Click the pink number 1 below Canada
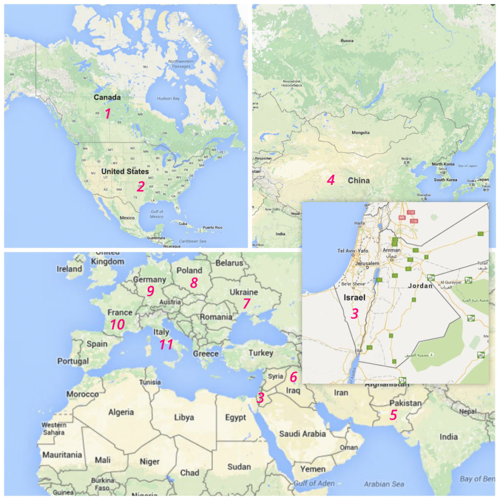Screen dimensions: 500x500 point(108,114)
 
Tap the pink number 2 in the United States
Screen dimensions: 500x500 point(141,186)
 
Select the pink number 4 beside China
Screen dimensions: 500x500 point(331,180)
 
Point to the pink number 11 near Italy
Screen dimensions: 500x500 point(166,344)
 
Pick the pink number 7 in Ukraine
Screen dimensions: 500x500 point(247,304)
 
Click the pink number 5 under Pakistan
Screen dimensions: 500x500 point(393,416)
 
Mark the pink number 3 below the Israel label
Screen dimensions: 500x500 point(354,313)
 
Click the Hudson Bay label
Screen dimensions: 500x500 point(168,99)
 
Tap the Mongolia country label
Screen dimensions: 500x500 point(360,132)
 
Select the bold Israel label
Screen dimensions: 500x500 point(354,297)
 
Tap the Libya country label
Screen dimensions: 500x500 point(184,417)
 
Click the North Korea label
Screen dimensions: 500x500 point(443,164)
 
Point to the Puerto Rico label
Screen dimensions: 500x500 point(212,228)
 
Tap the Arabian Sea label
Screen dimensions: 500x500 point(384,484)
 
